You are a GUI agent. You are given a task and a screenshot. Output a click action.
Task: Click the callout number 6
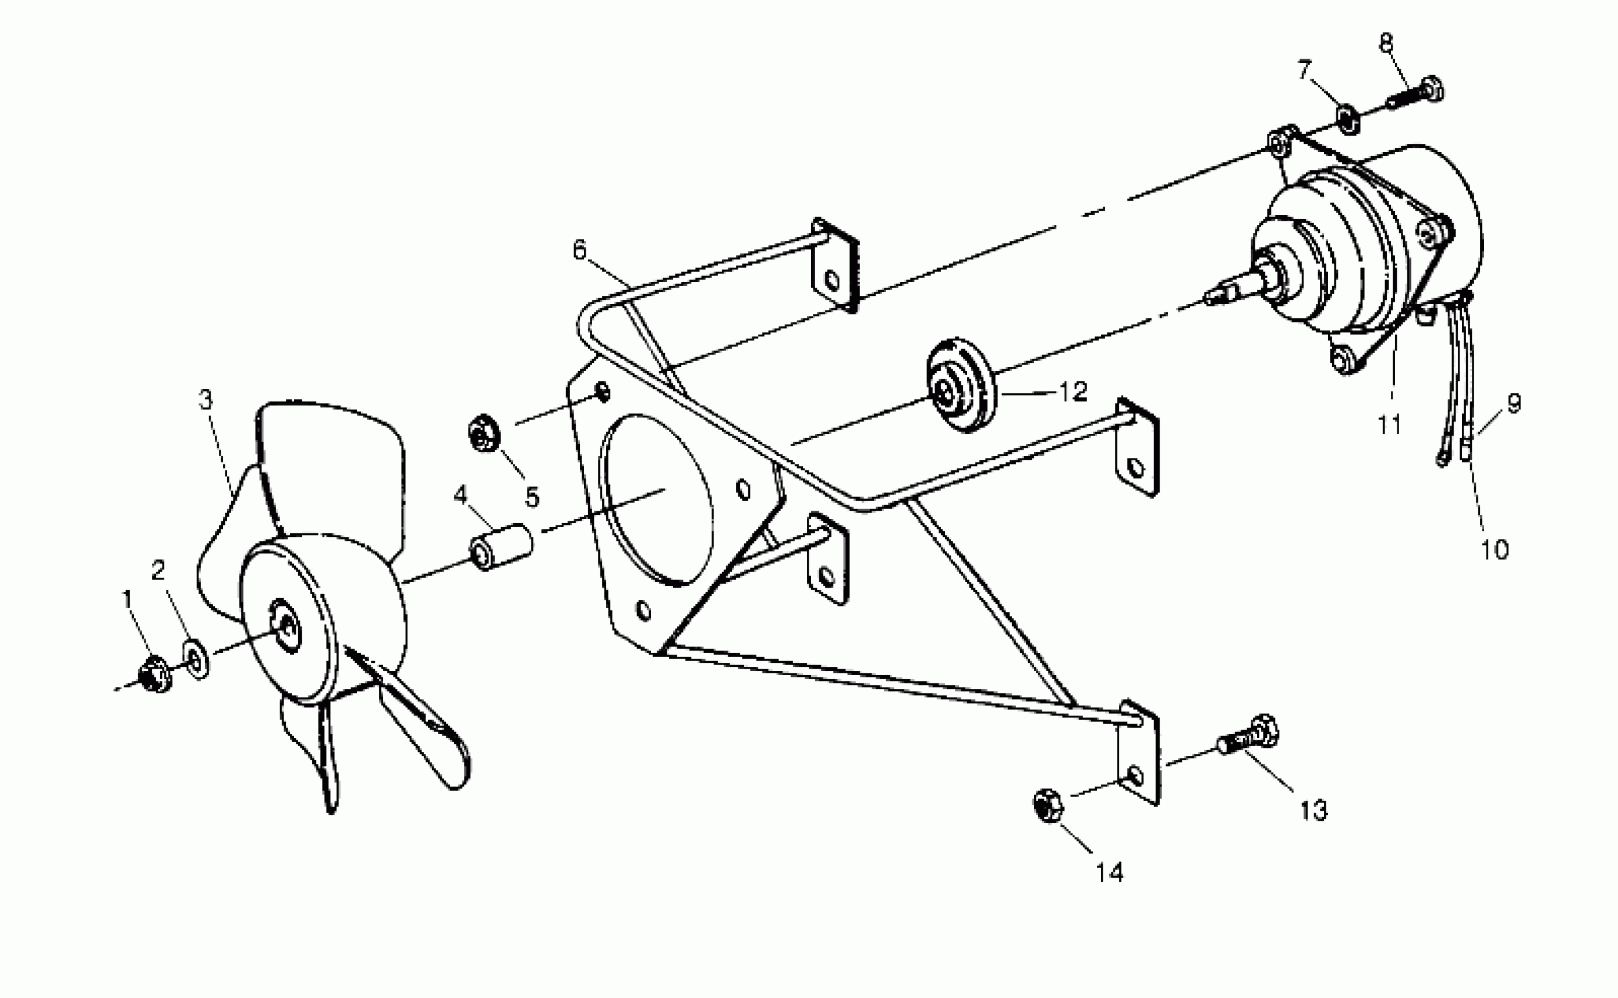pos(579,251)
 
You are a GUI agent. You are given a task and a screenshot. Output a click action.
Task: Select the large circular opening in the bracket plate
pos(657,500)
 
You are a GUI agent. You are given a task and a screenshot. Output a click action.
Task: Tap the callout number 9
pos(1514,403)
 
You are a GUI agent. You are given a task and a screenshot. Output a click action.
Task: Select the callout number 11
pos(1390,424)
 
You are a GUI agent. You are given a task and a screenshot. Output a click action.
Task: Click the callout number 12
pos(1072,392)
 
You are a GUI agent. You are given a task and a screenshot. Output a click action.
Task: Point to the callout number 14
pos(1109,872)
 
